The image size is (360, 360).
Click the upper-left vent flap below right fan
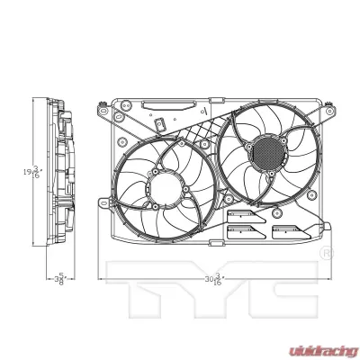pyautogui.click(x=240, y=215)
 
